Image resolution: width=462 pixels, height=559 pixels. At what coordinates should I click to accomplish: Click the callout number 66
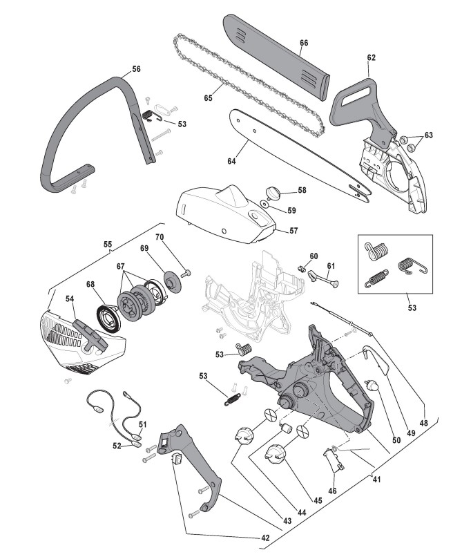point(303,43)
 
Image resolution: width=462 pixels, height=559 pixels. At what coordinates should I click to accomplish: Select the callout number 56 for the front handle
point(136,69)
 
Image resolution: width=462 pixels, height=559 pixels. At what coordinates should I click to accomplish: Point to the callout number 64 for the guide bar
point(231,161)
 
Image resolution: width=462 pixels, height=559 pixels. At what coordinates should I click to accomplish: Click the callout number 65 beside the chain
point(208,98)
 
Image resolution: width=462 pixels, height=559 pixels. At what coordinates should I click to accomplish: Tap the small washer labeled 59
point(265,205)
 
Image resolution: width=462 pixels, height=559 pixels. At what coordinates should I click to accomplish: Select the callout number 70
point(159,238)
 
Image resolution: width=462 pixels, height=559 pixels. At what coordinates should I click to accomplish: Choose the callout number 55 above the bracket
point(107,245)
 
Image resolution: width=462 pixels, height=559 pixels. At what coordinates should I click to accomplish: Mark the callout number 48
point(423,423)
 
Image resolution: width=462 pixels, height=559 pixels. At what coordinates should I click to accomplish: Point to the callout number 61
point(331,265)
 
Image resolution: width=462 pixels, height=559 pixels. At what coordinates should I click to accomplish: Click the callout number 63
point(428,135)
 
